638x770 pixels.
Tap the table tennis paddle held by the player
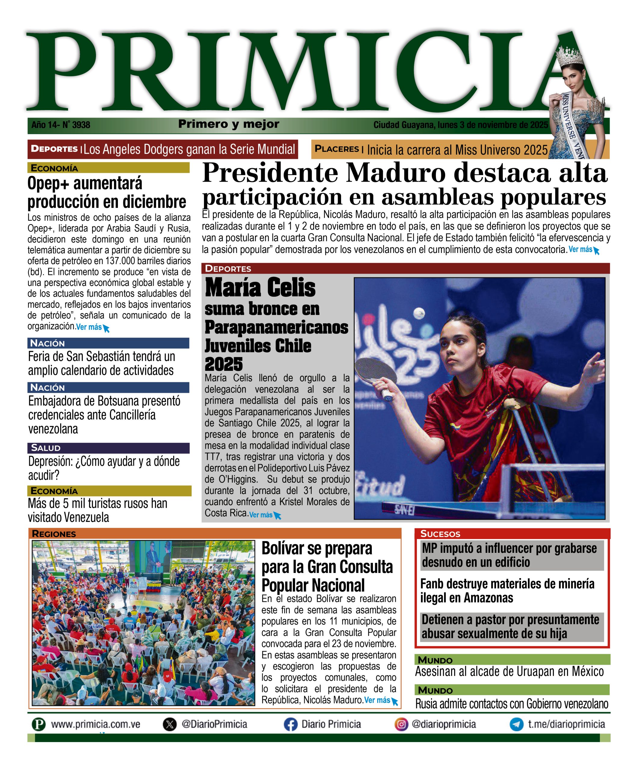376,374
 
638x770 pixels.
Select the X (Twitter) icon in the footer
169,725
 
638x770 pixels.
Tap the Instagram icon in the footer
401,725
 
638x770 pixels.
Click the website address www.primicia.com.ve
95,725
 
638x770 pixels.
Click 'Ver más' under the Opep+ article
89,327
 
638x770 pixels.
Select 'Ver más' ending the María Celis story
261,515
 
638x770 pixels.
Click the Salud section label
46,448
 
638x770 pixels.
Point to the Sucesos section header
440,534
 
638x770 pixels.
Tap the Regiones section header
54,534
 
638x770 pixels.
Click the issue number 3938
81,125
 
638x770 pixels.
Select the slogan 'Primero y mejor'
229,124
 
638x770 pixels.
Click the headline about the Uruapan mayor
509,671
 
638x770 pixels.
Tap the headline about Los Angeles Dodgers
189,149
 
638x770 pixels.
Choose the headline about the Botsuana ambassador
104,415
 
